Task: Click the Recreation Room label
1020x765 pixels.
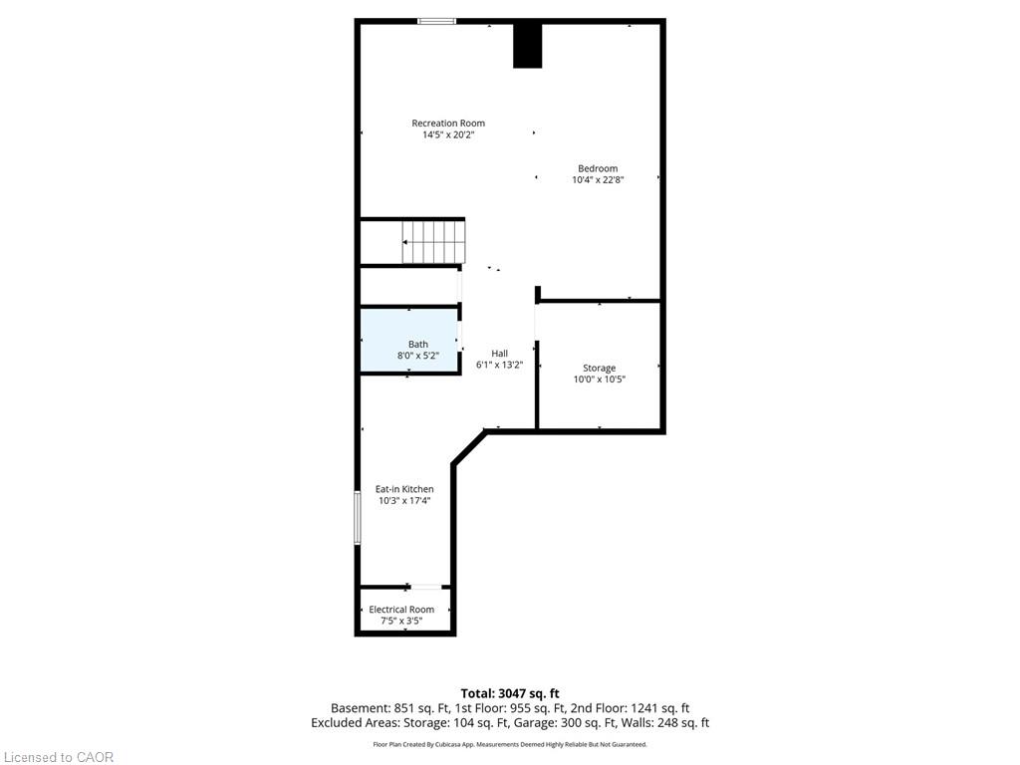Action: (x=448, y=123)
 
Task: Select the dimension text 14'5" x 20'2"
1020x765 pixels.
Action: (x=448, y=135)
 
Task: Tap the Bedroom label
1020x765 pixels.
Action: (x=598, y=168)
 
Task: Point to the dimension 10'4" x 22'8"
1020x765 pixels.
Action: (x=598, y=180)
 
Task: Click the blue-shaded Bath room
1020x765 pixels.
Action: (x=409, y=341)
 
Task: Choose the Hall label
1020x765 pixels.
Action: (x=500, y=354)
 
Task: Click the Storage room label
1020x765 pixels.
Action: (x=599, y=369)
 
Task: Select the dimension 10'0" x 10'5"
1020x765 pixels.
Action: (x=599, y=380)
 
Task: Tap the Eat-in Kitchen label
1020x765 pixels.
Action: (x=404, y=489)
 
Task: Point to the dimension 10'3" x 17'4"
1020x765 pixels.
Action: (x=404, y=501)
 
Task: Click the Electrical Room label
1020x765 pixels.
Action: (x=401, y=610)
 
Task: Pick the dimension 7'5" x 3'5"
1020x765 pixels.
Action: (x=401, y=622)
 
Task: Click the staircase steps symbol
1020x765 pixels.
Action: (x=433, y=242)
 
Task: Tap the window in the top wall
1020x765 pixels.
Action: (x=436, y=22)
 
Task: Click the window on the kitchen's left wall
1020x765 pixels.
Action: (x=358, y=518)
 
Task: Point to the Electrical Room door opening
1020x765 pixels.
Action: (x=426, y=587)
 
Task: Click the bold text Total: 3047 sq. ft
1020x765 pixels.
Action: (x=510, y=693)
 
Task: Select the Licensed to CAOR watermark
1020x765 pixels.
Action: (x=59, y=757)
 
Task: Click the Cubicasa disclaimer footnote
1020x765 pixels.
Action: (x=510, y=744)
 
